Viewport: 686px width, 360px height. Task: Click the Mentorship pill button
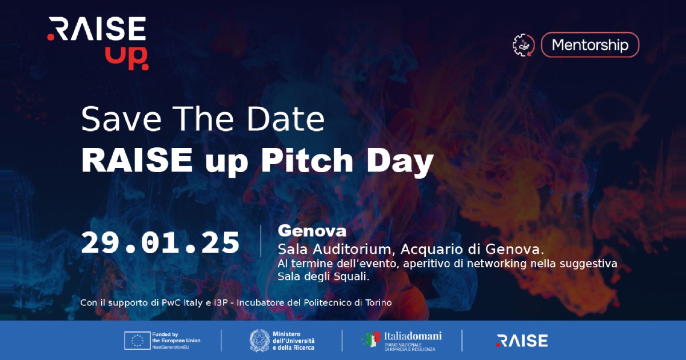click(590, 45)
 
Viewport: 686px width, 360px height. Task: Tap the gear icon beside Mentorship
click(524, 45)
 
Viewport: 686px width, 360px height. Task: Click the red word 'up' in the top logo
click(126, 58)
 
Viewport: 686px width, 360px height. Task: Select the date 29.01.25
click(160, 243)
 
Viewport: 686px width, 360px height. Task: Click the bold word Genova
click(312, 231)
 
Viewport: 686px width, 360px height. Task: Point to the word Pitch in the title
click(307, 160)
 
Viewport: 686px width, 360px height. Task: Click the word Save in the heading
click(121, 119)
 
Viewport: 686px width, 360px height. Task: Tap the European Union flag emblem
click(137, 341)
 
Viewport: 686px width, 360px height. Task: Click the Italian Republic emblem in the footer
click(260, 341)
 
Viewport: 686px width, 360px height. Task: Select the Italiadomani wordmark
click(413, 337)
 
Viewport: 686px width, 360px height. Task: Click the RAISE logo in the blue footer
click(522, 341)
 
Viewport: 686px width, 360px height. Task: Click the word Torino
click(378, 303)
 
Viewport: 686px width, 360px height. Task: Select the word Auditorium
click(352, 250)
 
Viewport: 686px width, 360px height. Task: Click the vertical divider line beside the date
click(261, 241)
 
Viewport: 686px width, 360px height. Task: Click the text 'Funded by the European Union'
click(176, 337)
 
